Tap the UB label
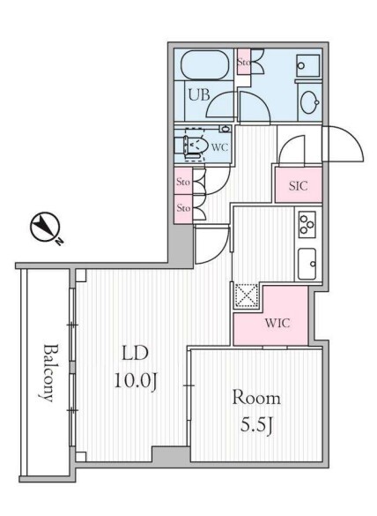point(199,95)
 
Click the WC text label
point(219,146)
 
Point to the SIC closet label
point(299,186)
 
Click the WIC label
point(277,323)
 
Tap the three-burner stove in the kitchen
point(307,224)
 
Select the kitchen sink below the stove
point(307,264)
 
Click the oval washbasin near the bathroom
point(310,102)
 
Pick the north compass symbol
point(44,226)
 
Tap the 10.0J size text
point(135,382)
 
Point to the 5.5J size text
point(256,425)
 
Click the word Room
point(256,397)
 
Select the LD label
point(135,353)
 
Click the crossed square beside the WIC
point(247,295)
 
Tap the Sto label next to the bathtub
point(244,62)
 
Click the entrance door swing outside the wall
point(344,144)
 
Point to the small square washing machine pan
point(308,65)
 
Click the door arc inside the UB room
point(221,104)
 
